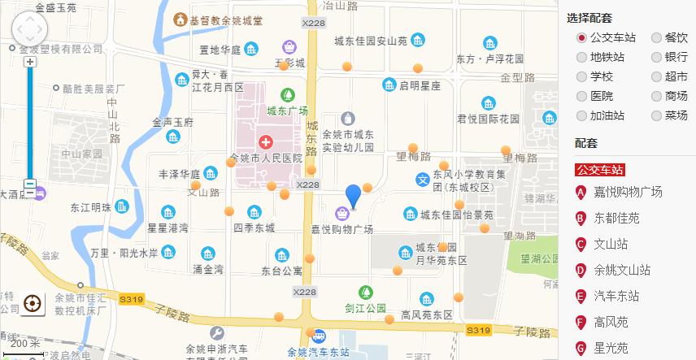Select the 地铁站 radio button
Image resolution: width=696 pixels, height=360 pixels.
[x=581, y=57]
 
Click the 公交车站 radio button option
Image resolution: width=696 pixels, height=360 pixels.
[x=581, y=37]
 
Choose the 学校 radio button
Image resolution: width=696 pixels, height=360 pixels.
[x=581, y=76]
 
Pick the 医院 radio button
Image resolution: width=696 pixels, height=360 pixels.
[x=581, y=96]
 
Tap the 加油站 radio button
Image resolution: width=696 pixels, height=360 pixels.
[x=581, y=115]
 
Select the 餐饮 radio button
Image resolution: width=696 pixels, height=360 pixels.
[x=657, y=37]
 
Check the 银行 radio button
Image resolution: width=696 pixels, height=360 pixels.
[x=657, y=57]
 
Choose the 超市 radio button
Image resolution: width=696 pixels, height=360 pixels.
[x=657, y=76]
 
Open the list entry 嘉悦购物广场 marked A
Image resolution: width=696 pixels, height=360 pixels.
[x=628, y=193]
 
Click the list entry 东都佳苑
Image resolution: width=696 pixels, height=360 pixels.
[x=616, y=218]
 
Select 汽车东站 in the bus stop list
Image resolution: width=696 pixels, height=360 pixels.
[x=616, y=296]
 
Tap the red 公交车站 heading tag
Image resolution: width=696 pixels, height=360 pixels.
[x=600, y=170]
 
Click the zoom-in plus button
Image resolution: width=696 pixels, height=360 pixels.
[x=30, y=62]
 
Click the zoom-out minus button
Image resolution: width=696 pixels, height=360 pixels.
[x=30, y=184]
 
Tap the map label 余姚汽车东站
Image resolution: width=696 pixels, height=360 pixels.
[x=319, y=352]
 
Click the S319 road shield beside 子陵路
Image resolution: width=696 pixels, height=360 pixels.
[x=478, y=329]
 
